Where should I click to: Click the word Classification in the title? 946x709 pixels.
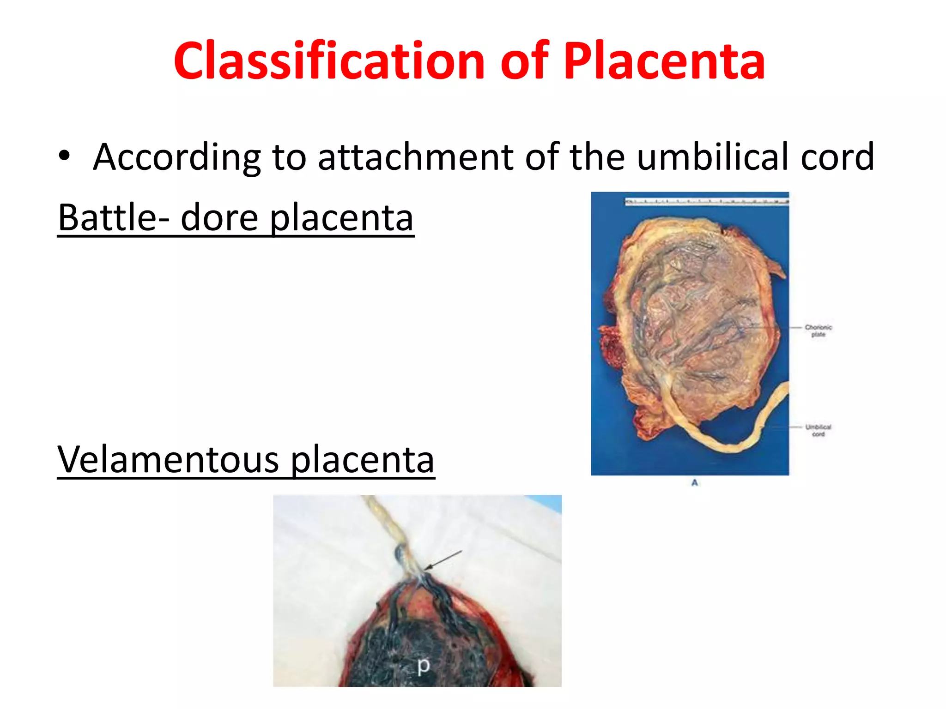(328, 61)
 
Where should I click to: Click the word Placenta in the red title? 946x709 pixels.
(664, 61)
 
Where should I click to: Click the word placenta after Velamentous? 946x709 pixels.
(363, 460)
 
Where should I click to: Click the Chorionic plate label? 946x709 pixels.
(818, 330)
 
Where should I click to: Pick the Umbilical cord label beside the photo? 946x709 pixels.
(818, 430)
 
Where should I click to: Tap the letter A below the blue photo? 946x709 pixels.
(694, 483)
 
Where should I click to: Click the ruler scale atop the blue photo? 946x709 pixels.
(706, 201)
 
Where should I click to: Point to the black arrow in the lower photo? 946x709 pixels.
(443, 560)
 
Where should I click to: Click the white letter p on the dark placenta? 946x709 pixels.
(423, 666)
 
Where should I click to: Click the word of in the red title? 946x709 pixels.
(524, 61)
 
